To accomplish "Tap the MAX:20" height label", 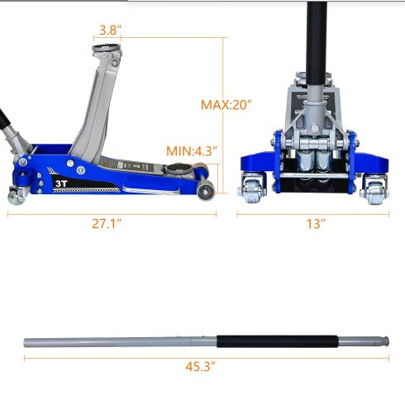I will [x=226, y=105].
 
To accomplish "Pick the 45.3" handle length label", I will [x=202, y=365].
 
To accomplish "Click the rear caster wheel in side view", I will [x=15, y=195].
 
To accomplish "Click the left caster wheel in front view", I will [x=250, y=191].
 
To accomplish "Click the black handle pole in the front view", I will [x=315, y=33].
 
